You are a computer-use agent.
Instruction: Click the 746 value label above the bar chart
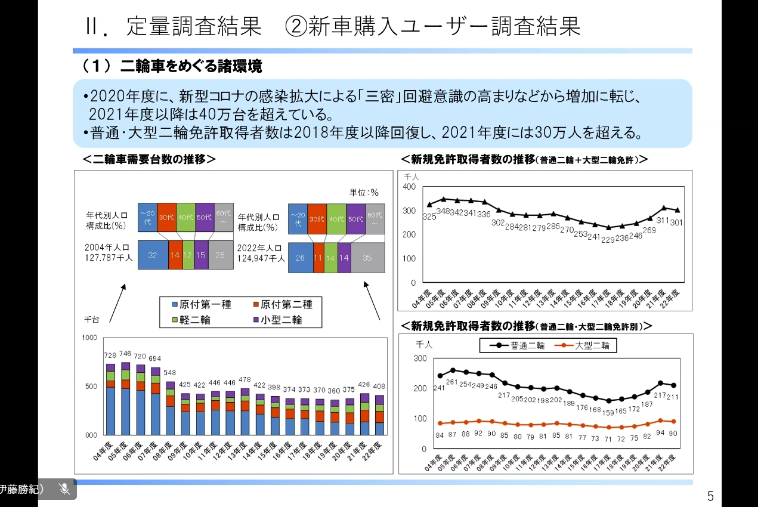(125, 354)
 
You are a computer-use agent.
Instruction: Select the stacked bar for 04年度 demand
(110, 400)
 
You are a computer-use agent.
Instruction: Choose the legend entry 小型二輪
(278, 320)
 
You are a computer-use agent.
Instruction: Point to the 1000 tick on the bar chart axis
(89, 338)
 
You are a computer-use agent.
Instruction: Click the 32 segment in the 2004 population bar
(153, 255)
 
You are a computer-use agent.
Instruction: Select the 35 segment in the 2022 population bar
(367, 258)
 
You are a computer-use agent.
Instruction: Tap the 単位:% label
(364, 193)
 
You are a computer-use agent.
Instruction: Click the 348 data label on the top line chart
(443, 212)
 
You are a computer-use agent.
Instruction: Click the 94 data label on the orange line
(660, 434)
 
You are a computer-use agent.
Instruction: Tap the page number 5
(710, 496)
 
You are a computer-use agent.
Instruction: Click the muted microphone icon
(65, 489)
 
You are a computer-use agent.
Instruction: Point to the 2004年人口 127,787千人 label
(109, 252)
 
